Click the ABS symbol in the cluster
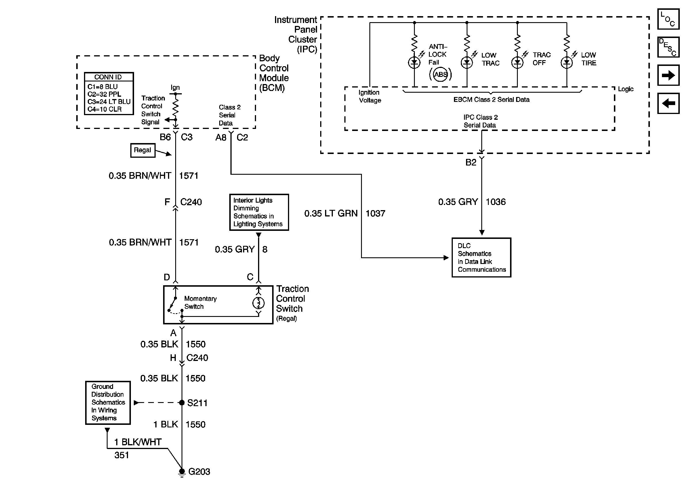click(x=441, y=74)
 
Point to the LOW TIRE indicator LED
click(x=567, y=63)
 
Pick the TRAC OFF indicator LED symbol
click(x=517, y=63)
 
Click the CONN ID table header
click(x=109, y=77)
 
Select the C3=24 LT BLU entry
click(x=109, y=102)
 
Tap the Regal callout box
click(x=143, y=150)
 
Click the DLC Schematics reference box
click(x=481, y=257)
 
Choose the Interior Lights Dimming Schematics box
click(x=259, y=212)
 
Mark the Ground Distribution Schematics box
click(x=108, y=402)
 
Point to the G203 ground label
click(x=199, y=471)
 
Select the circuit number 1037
click(x=375, y=214)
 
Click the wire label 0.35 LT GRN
click(x=331, y=214)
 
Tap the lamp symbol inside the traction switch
click(x=258, y=303)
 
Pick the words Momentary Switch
click(x=200, y=303)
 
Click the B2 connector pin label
click(x=471, y=163)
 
